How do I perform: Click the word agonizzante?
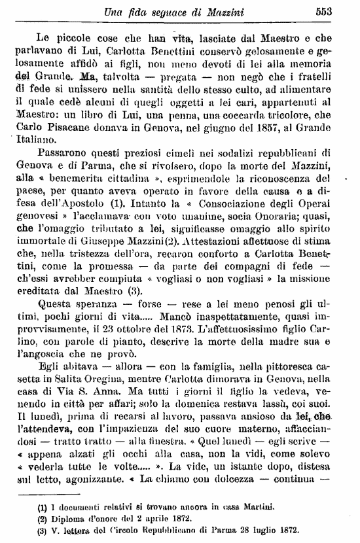pos(84,525)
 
